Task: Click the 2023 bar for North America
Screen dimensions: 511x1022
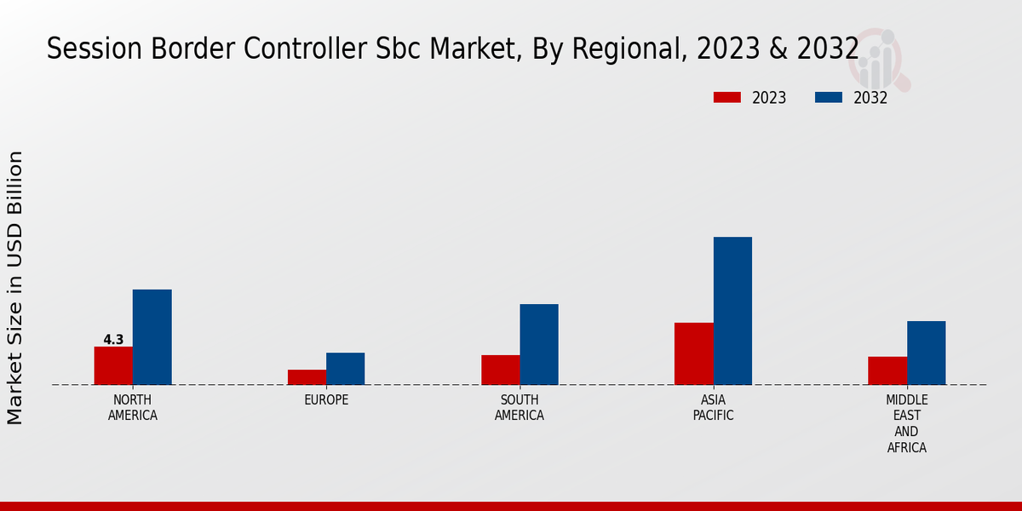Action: pyautogui.click(x=113, y=365)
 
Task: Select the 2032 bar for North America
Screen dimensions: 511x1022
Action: pyautogui.click(x=152, y=337)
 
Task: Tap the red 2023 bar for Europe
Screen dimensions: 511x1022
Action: pyautogui.click(x=307, y=376)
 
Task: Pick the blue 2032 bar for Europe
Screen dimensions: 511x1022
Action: pyautogui.click(x=345, y=369)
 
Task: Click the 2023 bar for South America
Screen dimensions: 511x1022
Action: pyautogui.click(x=500, y=370)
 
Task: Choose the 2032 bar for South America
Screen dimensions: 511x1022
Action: pyautogui.click(x=539, y=344)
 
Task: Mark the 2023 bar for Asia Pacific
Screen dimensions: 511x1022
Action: pyautogui.click(x=694, y=353)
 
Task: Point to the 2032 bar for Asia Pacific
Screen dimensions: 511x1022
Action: pyautogui.click(x=732, y=311)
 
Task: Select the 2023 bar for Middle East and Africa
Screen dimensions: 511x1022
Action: pyautogui.click(x=887, y=370)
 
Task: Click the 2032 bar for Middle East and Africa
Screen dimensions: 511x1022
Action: pyautogui.click(x=926, y=353)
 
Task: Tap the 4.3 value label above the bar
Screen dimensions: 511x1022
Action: pyautogui.click(x=113, y=340)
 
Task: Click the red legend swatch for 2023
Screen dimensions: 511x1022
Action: pyautogui.click(x=727, y=97)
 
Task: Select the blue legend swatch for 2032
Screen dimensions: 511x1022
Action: pyautogui.click(x=829, y=97)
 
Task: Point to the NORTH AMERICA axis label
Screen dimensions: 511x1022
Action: pyautogui.click(x=133, y=408)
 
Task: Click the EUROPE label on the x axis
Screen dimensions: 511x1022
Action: pyautogui.click(x=326, y=400)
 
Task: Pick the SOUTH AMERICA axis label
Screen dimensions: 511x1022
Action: pyautogui.click(x=520, y=408)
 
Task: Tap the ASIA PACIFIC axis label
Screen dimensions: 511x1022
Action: pyautogui.click(x=714, y=408)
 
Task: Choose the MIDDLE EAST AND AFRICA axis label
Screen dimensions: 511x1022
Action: pyautogui.click(x=907, y=423)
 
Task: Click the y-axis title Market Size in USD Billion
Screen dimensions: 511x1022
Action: pyautogui.click(x=15, y=287)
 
